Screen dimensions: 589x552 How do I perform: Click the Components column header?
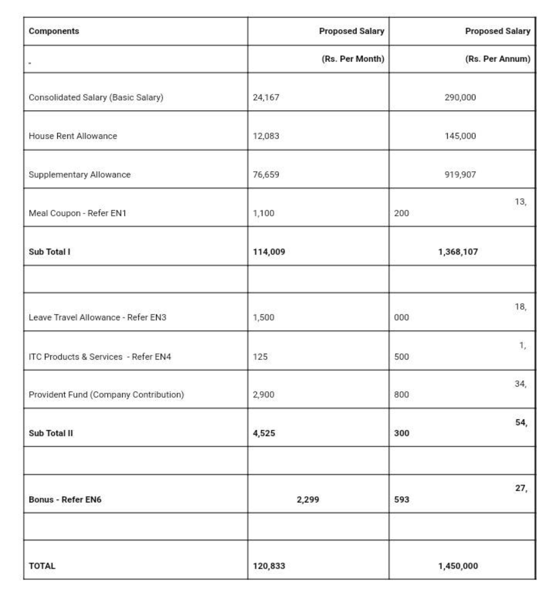point(54,31)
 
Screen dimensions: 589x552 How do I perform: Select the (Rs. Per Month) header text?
point(353,59)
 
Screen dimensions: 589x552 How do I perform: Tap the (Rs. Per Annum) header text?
point(497,59)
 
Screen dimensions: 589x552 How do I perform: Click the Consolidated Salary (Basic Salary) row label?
point(96,97)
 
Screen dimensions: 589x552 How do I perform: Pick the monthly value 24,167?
point(266,97)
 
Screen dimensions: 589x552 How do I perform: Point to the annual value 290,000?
point(460,97)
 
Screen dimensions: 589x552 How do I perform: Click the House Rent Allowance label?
point(73,136)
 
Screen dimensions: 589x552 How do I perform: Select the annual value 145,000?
point(460,136)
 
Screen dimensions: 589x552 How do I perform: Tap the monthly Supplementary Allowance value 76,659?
point(266,175)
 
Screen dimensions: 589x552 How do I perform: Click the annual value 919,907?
point(460,175)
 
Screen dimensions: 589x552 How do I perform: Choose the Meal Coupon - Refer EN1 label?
point(78,213)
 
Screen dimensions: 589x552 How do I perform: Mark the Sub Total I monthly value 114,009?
point(269,252)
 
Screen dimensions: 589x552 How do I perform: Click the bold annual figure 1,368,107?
point(458,252)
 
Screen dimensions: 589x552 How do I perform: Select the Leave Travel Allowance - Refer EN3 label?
point(98,318)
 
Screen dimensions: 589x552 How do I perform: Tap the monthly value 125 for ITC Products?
point(260,357)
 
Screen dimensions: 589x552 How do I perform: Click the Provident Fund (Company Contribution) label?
point(106,395)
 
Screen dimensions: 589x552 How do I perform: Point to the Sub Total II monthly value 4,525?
point(264,433)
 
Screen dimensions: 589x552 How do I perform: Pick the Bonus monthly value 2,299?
point(308,500)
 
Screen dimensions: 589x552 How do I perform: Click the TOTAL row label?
point(42,566)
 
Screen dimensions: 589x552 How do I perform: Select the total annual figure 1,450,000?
point(458,566)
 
